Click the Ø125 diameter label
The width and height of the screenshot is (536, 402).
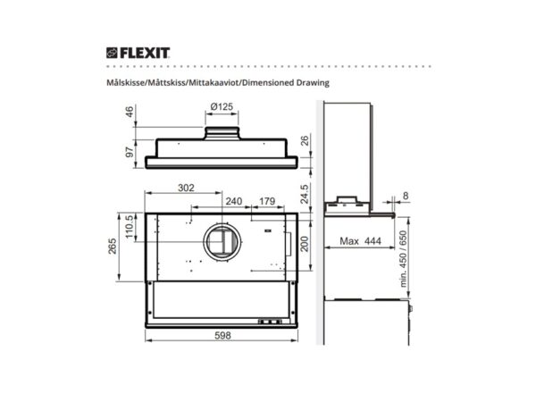(x=222, y=107)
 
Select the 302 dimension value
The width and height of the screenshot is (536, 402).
(x=185, y=188)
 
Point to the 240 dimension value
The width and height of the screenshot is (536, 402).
(x=234, y=201)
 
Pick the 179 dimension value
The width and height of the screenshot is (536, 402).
(x=266, y=201)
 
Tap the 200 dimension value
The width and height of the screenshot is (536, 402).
(x=304, y=243)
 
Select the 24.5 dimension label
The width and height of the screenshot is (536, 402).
(x=305, y=193)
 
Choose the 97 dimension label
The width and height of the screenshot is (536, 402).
(x=130, y=152)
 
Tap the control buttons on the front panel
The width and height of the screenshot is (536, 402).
(x=269, y=321)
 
